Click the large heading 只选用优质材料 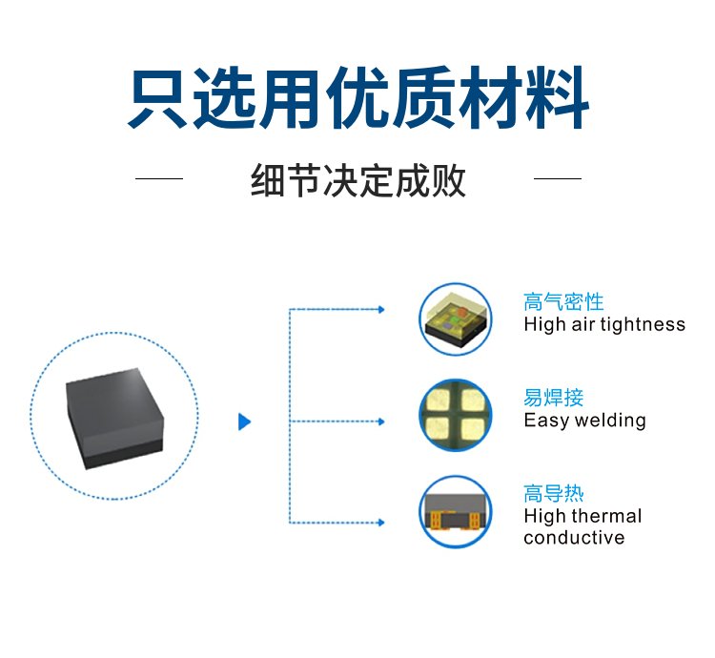click(x=357, y=98)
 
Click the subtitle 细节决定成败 click(x=357, y=180)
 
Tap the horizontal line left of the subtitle click(x=159, y=178)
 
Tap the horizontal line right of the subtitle click(x=558, y=178)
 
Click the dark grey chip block click(x=114, y=419)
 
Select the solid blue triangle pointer click(x=245, y=422)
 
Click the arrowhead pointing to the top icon click(x=381, y=310)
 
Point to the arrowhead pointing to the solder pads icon click(x=381, y=422)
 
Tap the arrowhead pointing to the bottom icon click(x=381, y=523)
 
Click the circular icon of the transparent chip click(x=456, y=319)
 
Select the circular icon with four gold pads click(x=456, y=416)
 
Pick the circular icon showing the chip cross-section click(x=456, y=512)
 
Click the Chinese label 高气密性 click(x=563, y=302)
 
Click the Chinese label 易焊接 click(x=554, y=398)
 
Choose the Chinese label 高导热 click(x=554, y=494)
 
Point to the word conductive click(x=574, y=538)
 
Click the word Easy click(x=547, y=421)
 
